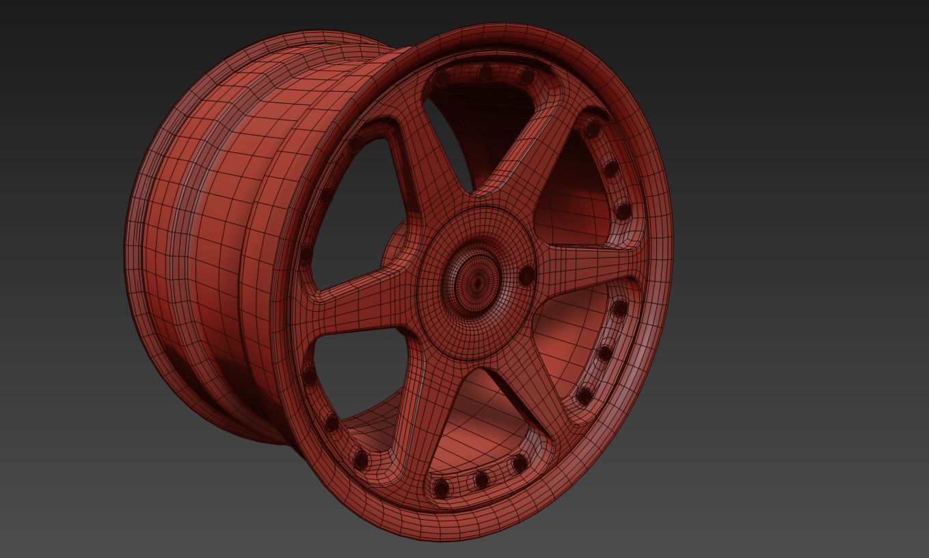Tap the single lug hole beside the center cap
(526, 276)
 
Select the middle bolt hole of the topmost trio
(485, 71)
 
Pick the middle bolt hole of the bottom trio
(482, 479)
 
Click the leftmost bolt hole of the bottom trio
(442, 488)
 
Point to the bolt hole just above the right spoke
(623, 211)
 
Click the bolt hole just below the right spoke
(619, 308)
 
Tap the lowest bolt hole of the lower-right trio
(584, 396)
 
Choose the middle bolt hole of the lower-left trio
(332, 423)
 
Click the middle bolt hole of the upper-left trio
(326, 197)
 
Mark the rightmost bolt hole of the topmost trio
(526, 77)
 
